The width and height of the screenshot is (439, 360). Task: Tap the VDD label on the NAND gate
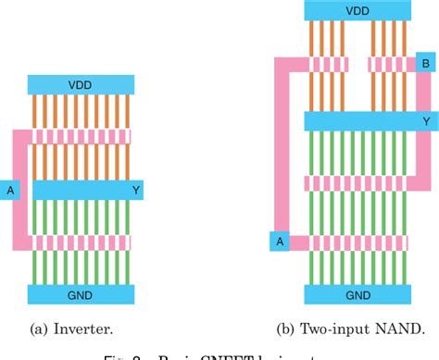[x=357, y=10]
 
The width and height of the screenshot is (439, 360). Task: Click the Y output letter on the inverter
[x=135, y=191]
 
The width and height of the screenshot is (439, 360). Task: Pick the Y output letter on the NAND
[x=425, y=121]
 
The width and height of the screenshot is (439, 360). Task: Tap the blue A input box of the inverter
[x=11, y=191]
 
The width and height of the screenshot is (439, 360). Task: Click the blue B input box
[x=425, y=64]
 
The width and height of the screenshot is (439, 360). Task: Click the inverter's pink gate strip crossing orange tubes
[x=81, y=136]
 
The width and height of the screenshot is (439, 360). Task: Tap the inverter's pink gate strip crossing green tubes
[x=81, y=242]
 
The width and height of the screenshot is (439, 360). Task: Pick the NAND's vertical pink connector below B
[x=428, y=93]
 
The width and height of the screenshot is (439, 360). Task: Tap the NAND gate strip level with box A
[x=357, y=242]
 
